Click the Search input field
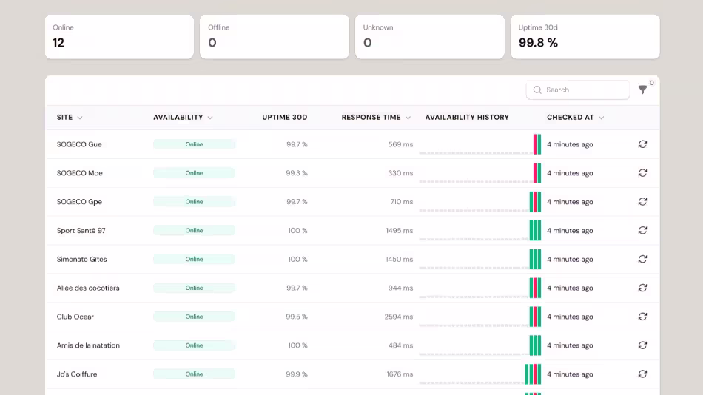coord(577,90)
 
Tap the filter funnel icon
coord(642,90)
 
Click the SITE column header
coord(64,118)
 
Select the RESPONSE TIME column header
coord(371,118)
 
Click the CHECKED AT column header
coord(571,118)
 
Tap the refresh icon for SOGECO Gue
coord(642,144)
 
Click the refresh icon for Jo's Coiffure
coord(642,374)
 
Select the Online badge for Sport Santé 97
coord(194,231)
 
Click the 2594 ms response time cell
coord(399,317)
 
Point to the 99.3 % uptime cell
coord(297,173)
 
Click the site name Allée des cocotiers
coord(88,288)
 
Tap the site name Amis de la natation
coord(88,345)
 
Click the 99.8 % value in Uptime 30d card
coord(539,43)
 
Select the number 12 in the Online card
coord(58,43)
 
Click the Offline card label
coord(219,27)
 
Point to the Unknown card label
coord(378,27)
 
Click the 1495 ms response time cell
coord(400,231)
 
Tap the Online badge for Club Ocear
coord(194,317)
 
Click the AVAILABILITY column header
coord(178,118)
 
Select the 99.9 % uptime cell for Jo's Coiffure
coord(297,374)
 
